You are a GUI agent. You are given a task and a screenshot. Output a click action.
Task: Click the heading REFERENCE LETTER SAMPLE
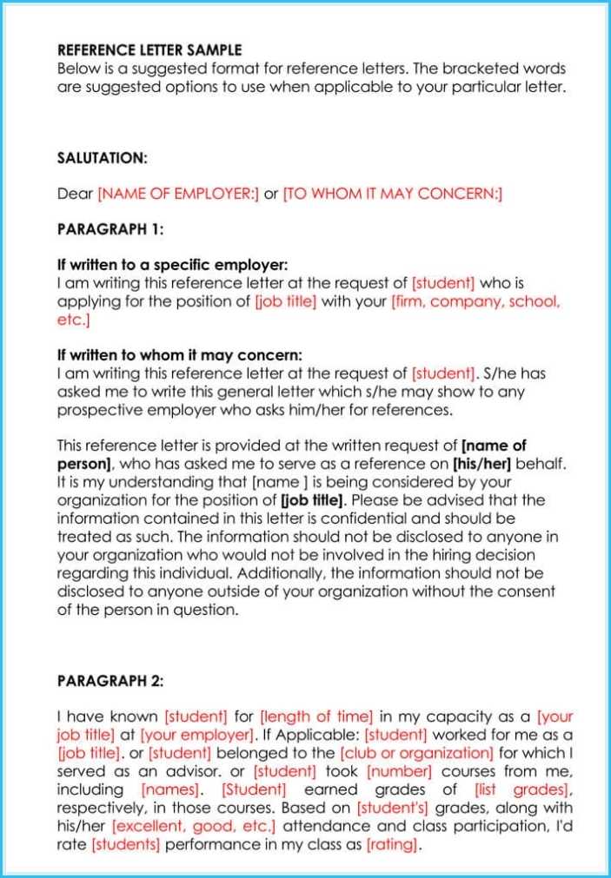(x=149, y=50)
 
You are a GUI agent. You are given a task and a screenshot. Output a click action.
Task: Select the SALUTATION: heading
(x=103, y=158)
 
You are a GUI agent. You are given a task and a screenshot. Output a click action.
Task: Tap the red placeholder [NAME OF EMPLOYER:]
(x=178, y=194)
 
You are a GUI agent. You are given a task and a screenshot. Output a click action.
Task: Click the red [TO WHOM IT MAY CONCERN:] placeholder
(x=393, y=194)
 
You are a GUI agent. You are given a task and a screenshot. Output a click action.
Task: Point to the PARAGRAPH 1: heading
(x=110, y=229)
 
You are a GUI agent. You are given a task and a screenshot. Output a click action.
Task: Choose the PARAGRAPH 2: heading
(x=110, y=681)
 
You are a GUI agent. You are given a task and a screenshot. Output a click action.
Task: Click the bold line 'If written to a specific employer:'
(x=172, y=265)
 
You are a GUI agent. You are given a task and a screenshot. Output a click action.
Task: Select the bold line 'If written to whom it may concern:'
(x=180, y=355)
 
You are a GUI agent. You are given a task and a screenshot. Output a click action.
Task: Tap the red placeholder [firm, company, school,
(x=475, y=301)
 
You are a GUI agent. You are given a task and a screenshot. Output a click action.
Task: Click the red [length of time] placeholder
(x=316, y=716)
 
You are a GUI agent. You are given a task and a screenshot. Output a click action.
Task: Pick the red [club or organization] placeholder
(x=417, y=753)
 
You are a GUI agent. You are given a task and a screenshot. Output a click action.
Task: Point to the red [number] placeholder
(x=399, y=771)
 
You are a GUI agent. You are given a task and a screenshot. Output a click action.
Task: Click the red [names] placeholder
(x=169, y=789)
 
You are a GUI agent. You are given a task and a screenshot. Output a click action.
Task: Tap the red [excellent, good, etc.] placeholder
(x=196, y=826)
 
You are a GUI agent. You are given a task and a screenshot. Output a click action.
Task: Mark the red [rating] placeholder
(x=393, y=844)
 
